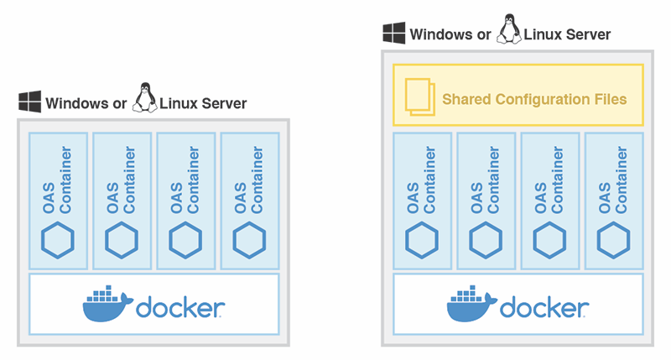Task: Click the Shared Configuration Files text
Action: point(534,99)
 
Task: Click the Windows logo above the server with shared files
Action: point(394,34)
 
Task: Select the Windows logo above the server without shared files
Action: point(30,103)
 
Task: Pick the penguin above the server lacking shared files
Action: point(145,98)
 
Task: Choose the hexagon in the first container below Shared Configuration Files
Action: point(422,240)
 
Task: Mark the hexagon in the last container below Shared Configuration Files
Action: point(613,240)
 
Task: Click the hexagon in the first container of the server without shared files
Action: point(58,240)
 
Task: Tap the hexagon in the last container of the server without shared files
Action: point(249,240)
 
